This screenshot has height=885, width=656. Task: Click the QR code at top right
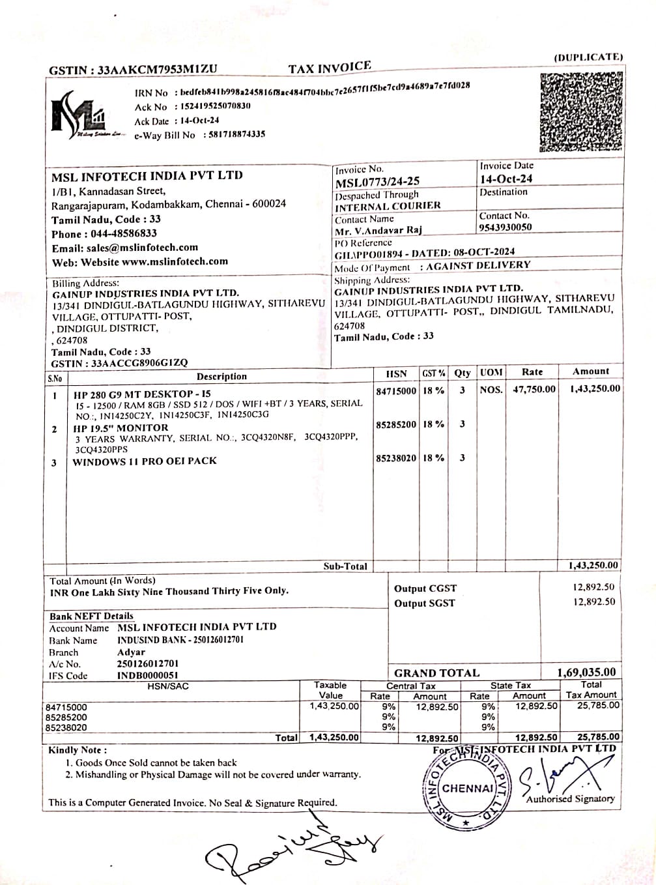click(581, 111)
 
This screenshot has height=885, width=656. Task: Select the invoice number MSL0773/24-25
click(377, 182)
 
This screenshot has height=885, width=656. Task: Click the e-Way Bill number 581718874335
click(236, 134)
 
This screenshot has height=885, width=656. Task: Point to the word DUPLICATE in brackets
click(588, 57)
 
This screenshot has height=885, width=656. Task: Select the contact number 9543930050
click(505, 227)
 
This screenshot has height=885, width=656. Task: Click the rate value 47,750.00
click(534, 389)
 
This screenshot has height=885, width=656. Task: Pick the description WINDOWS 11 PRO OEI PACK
click(145, 461)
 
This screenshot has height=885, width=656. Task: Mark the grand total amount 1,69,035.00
click(586, 672)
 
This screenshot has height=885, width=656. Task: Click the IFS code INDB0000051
click(147, 676)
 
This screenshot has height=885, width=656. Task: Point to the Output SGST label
click(424, 603)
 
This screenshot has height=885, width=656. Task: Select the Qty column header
click(463, 373)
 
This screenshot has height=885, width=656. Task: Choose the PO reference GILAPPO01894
click(370, 254)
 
